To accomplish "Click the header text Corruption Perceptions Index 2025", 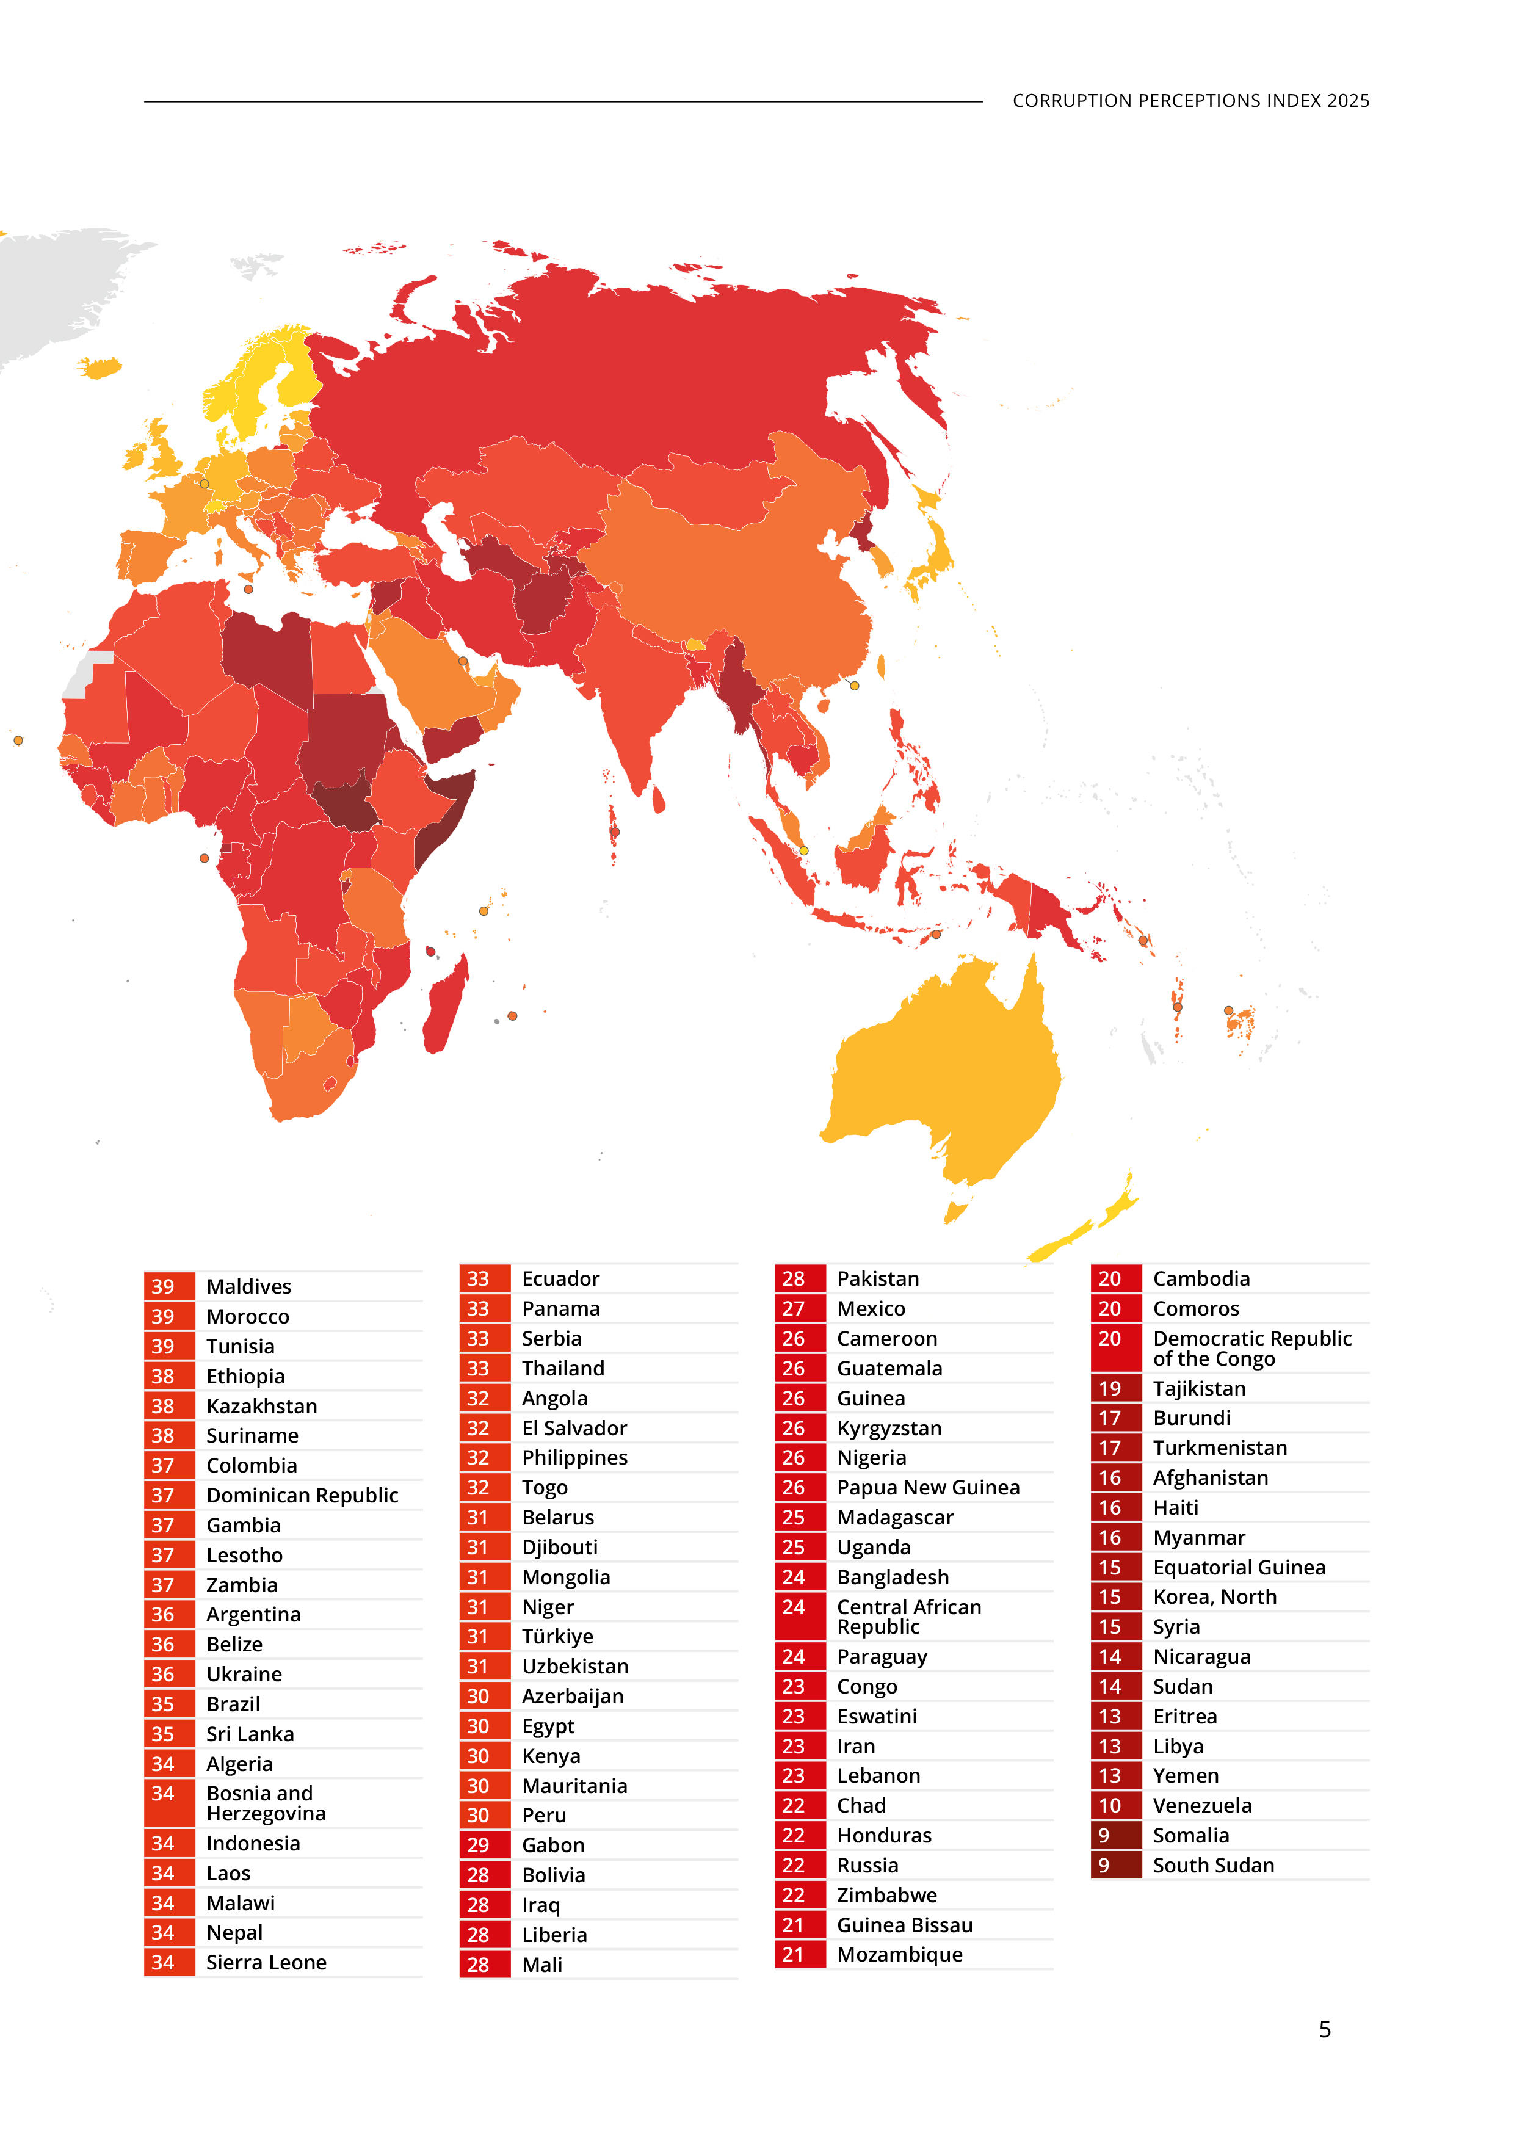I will (x=1190, y=101).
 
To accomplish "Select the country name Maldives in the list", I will (x=249, y=1287).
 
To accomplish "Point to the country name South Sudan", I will (x=1213, y=1865).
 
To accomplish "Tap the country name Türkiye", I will (x=557, y=1637).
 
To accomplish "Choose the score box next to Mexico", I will (x=799, y=1308).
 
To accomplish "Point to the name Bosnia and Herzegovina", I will (x=266, y=1803).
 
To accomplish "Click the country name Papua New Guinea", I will (x=927, y=1487).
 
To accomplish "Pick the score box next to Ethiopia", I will (x=168, y=1376).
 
